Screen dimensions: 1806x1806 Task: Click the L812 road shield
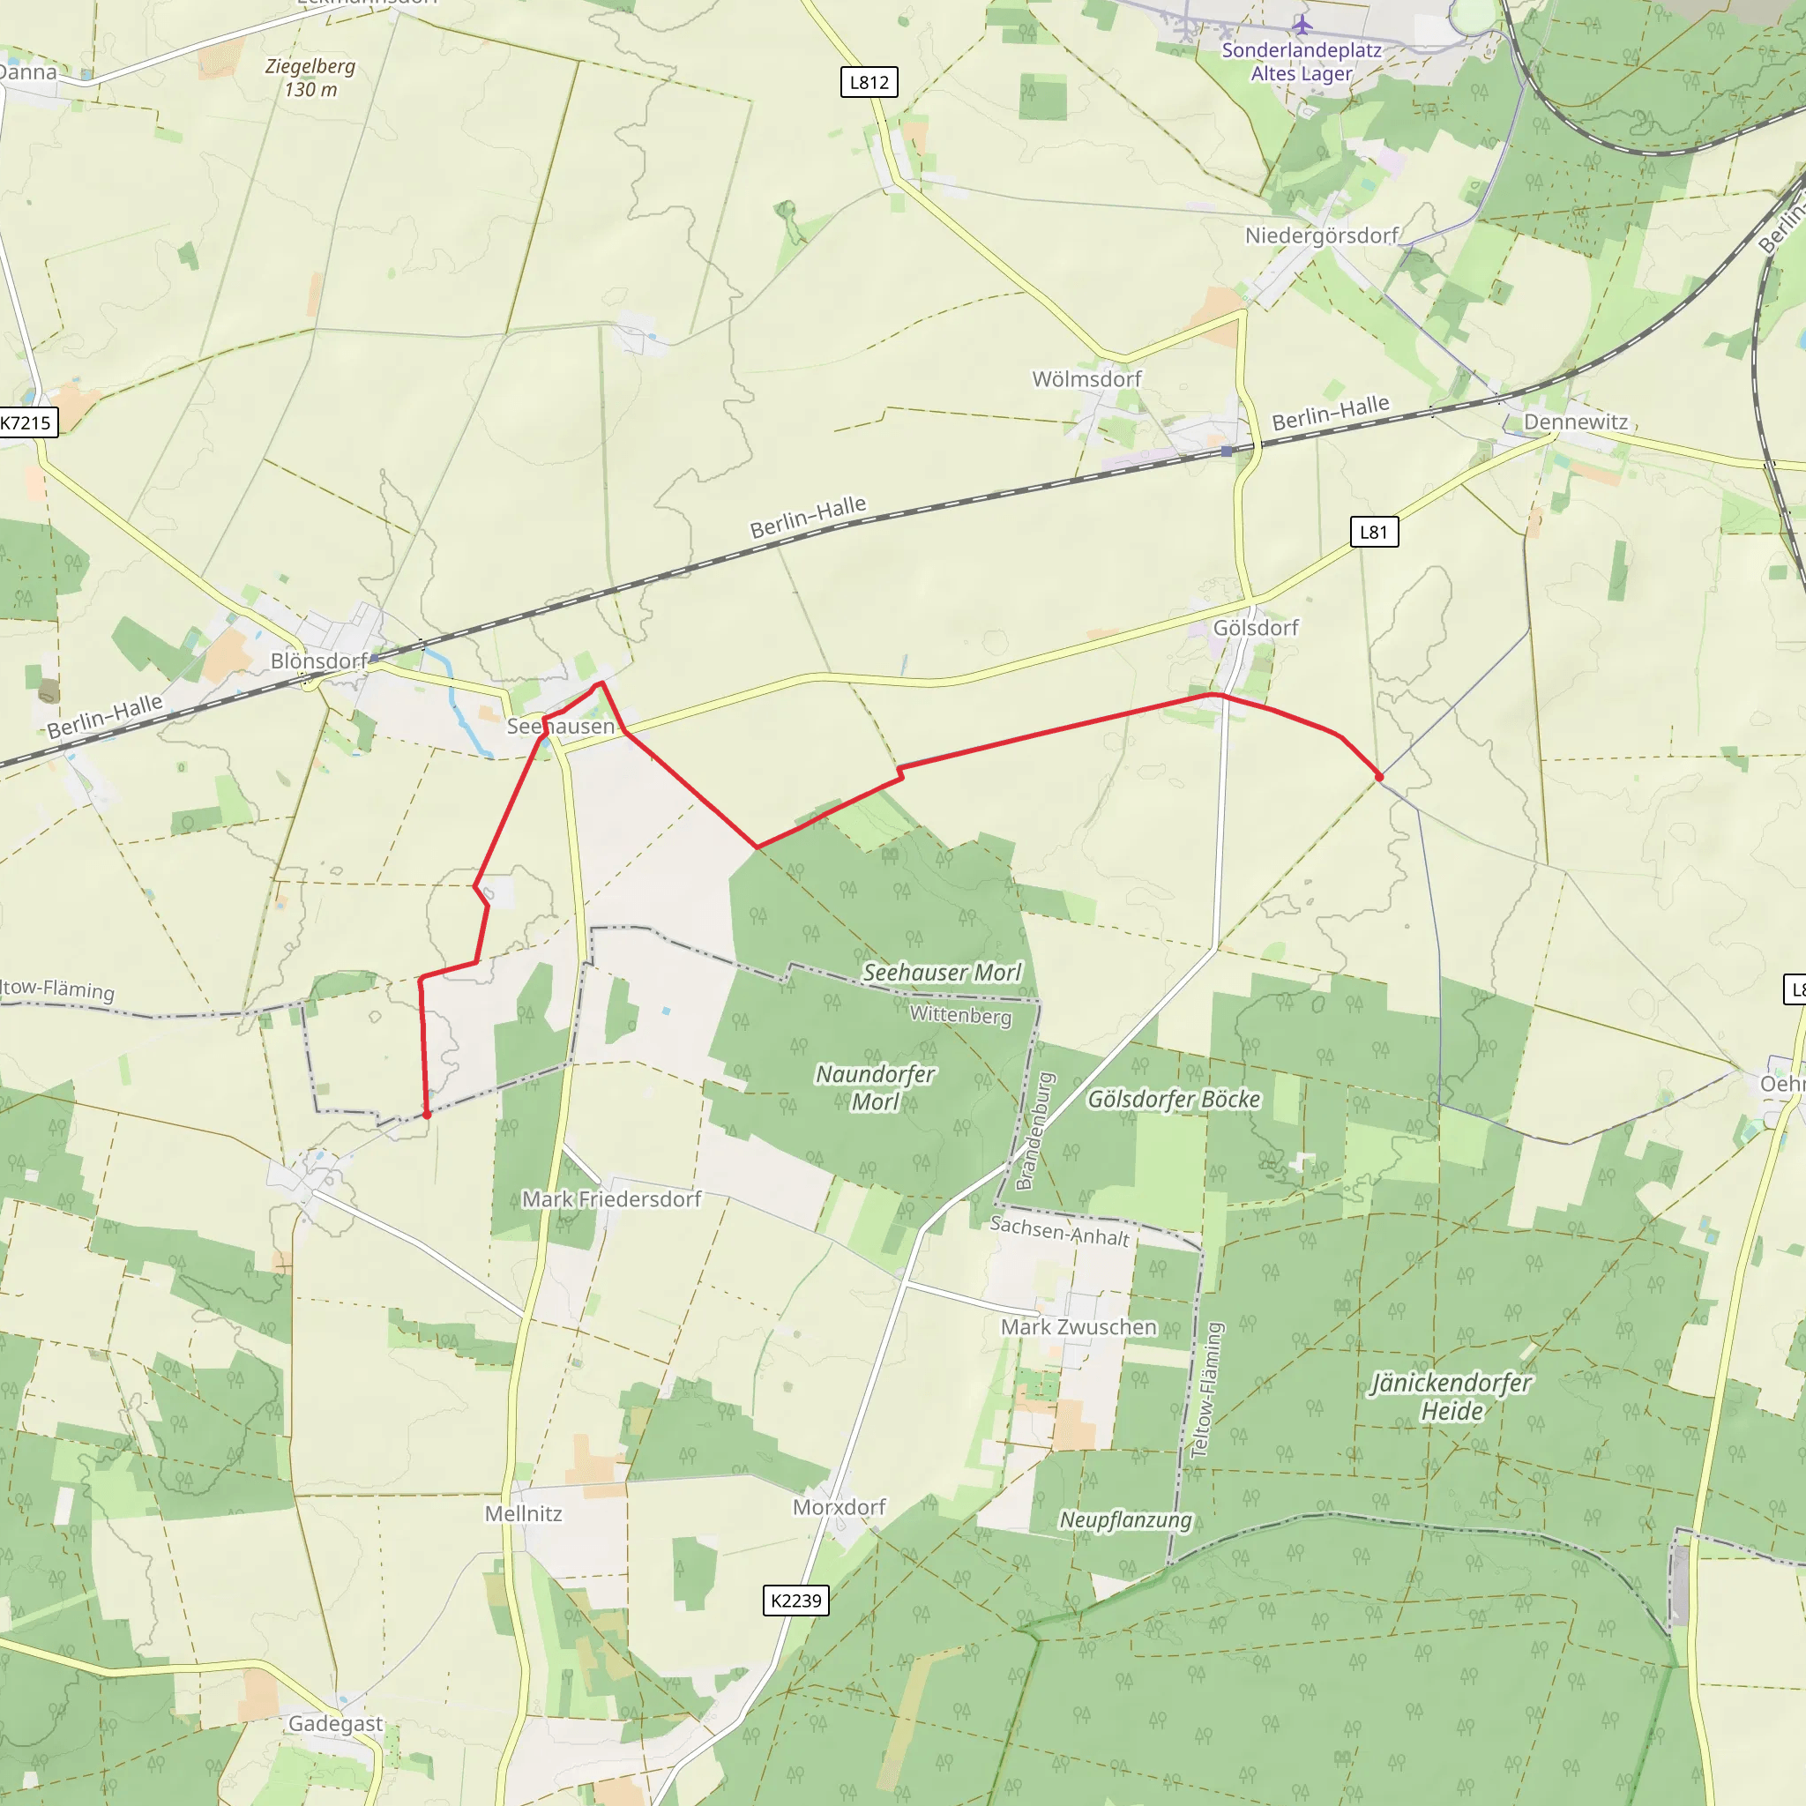[x=869, y=82]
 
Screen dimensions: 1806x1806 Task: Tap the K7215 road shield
[x=26, y=422]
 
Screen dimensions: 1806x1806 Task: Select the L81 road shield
[x=1373, y=532]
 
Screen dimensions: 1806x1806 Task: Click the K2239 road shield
[x=795, y=1601]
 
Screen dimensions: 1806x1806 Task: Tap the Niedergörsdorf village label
[x=1321, y=235]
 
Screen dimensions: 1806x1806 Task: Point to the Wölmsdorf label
[x=1086, y=378]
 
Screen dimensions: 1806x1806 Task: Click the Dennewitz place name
[x=1575, y=422]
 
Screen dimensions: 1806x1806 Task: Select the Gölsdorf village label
[x=1256, y=627]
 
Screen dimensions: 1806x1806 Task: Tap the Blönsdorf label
[x=318, y=660]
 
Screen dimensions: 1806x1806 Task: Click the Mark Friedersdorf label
[x=611, y=1198]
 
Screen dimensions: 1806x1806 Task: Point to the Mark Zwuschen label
[x=1078, y=1326]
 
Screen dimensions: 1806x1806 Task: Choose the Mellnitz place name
[x=524, y=1513]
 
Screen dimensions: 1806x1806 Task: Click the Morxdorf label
[x=839, y=1507]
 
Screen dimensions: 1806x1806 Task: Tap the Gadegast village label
[x=334, y=1723]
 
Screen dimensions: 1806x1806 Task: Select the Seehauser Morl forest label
[x=941, y=972]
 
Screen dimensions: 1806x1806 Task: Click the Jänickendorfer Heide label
[x=1451, y=1397]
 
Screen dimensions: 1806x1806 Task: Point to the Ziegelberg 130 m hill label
[x=310, y=78]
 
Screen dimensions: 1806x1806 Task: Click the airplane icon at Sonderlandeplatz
[x=1302, y=25]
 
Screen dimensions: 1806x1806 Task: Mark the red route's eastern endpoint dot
[x=1379, y=777]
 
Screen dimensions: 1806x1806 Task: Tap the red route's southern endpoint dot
[x=427, y=1115]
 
